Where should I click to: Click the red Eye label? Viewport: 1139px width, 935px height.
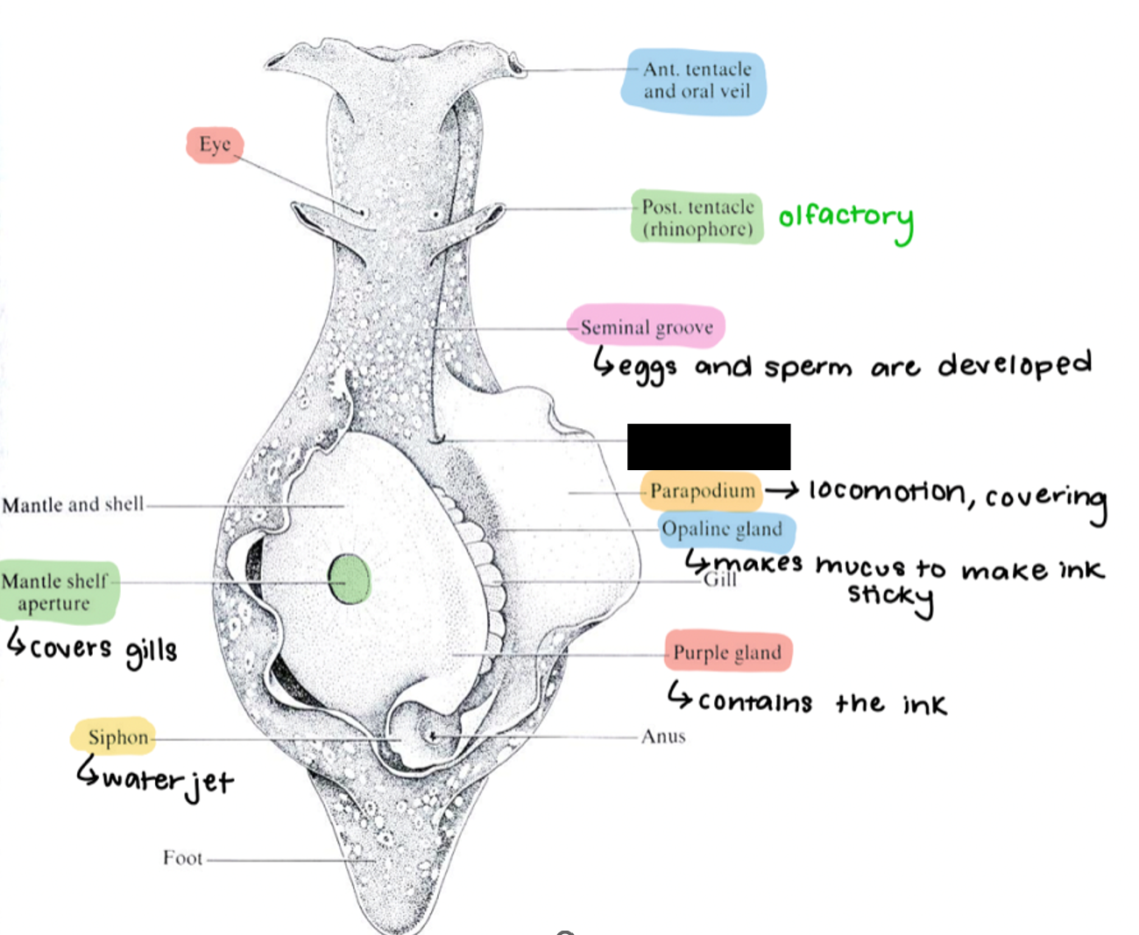point(215,144)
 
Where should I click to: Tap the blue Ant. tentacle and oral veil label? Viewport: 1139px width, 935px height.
point(693,81)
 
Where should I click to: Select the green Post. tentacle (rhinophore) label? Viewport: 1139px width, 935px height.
point(697,217)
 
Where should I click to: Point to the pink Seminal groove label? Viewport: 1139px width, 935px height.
point(646,327)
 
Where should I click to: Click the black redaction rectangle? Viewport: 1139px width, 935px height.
point(709,446)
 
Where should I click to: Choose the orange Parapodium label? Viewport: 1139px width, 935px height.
point(702,491)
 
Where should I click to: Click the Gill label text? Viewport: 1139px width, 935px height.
point(720,580)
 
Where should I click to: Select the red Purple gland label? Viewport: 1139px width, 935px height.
point(727,651)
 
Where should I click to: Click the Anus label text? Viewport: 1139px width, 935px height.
point(663,736)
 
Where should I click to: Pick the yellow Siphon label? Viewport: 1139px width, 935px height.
point(113,736)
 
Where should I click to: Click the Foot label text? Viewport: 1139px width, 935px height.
point(182,857)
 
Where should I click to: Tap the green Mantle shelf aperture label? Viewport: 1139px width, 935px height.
point(59,592)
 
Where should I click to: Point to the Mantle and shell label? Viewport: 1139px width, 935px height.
point(73,504)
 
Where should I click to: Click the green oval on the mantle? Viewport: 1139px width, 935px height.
point(350,579)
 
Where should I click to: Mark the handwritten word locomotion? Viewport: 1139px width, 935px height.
point(888,492)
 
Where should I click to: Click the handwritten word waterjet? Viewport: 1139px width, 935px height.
point(168,781)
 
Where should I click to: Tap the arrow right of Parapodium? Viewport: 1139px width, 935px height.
point(782,490)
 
